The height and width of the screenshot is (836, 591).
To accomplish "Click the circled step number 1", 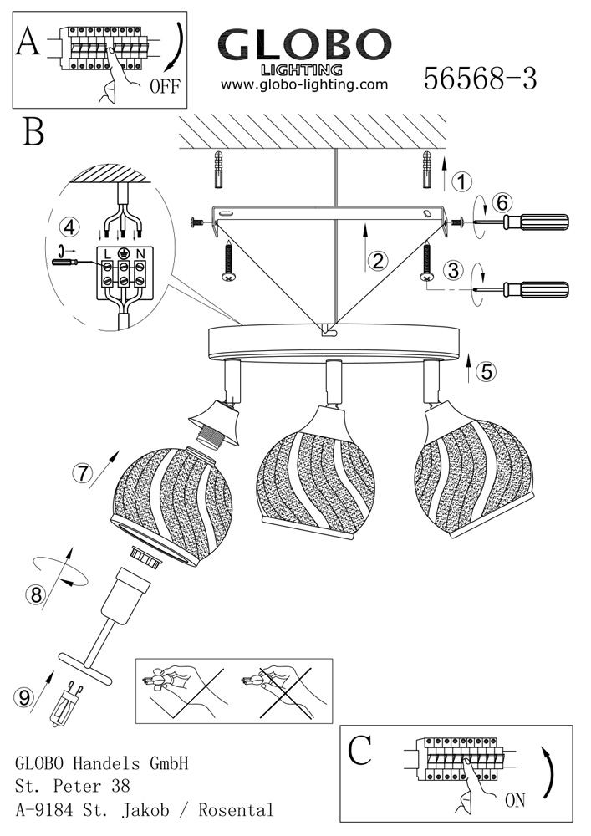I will [461, 181].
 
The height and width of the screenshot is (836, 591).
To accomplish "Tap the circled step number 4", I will [71, 227].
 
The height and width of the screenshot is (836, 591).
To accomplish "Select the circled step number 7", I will [81, 472].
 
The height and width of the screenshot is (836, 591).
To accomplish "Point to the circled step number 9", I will [24, 695].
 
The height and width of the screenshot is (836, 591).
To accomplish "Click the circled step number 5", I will [486, 373].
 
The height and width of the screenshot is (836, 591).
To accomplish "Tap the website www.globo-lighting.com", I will [304, 84].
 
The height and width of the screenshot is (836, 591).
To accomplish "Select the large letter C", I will [359, 750].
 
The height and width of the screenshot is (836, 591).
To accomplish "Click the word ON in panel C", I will [515, 800].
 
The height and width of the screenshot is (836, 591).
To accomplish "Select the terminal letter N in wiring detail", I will [140, 252].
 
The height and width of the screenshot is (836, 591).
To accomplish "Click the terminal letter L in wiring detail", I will [109, 252].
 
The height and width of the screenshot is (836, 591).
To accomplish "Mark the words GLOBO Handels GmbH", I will [102, 763].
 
